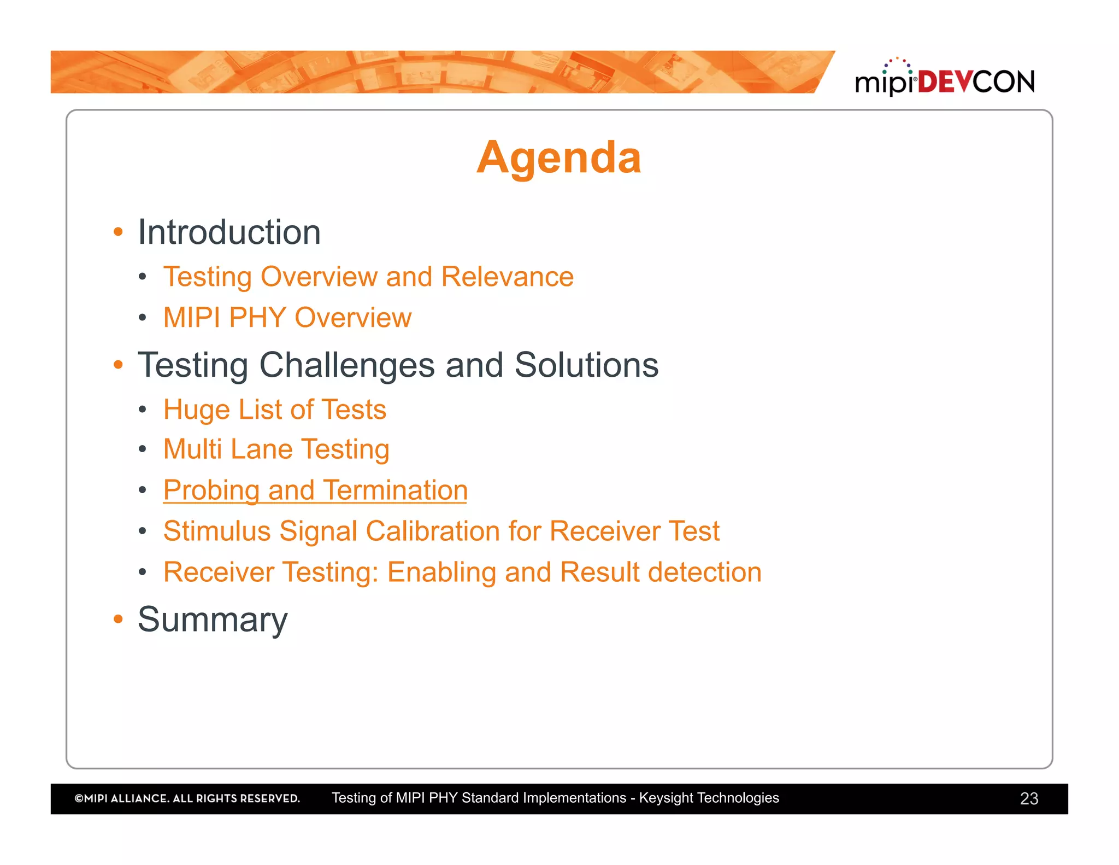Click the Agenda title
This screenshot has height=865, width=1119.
558,157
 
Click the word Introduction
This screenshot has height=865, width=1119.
229,232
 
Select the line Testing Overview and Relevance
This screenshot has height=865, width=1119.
368,277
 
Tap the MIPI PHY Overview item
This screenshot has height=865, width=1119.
287,318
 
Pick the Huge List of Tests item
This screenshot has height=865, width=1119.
275,410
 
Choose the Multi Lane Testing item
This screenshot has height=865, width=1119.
276,449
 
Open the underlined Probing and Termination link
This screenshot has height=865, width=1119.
315,490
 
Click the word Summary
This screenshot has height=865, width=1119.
213,619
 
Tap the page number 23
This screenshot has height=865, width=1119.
1029,799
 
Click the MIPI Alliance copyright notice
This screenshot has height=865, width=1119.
187,798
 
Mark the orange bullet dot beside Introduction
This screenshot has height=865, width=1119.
118,232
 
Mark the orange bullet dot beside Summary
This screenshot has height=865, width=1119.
118,619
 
